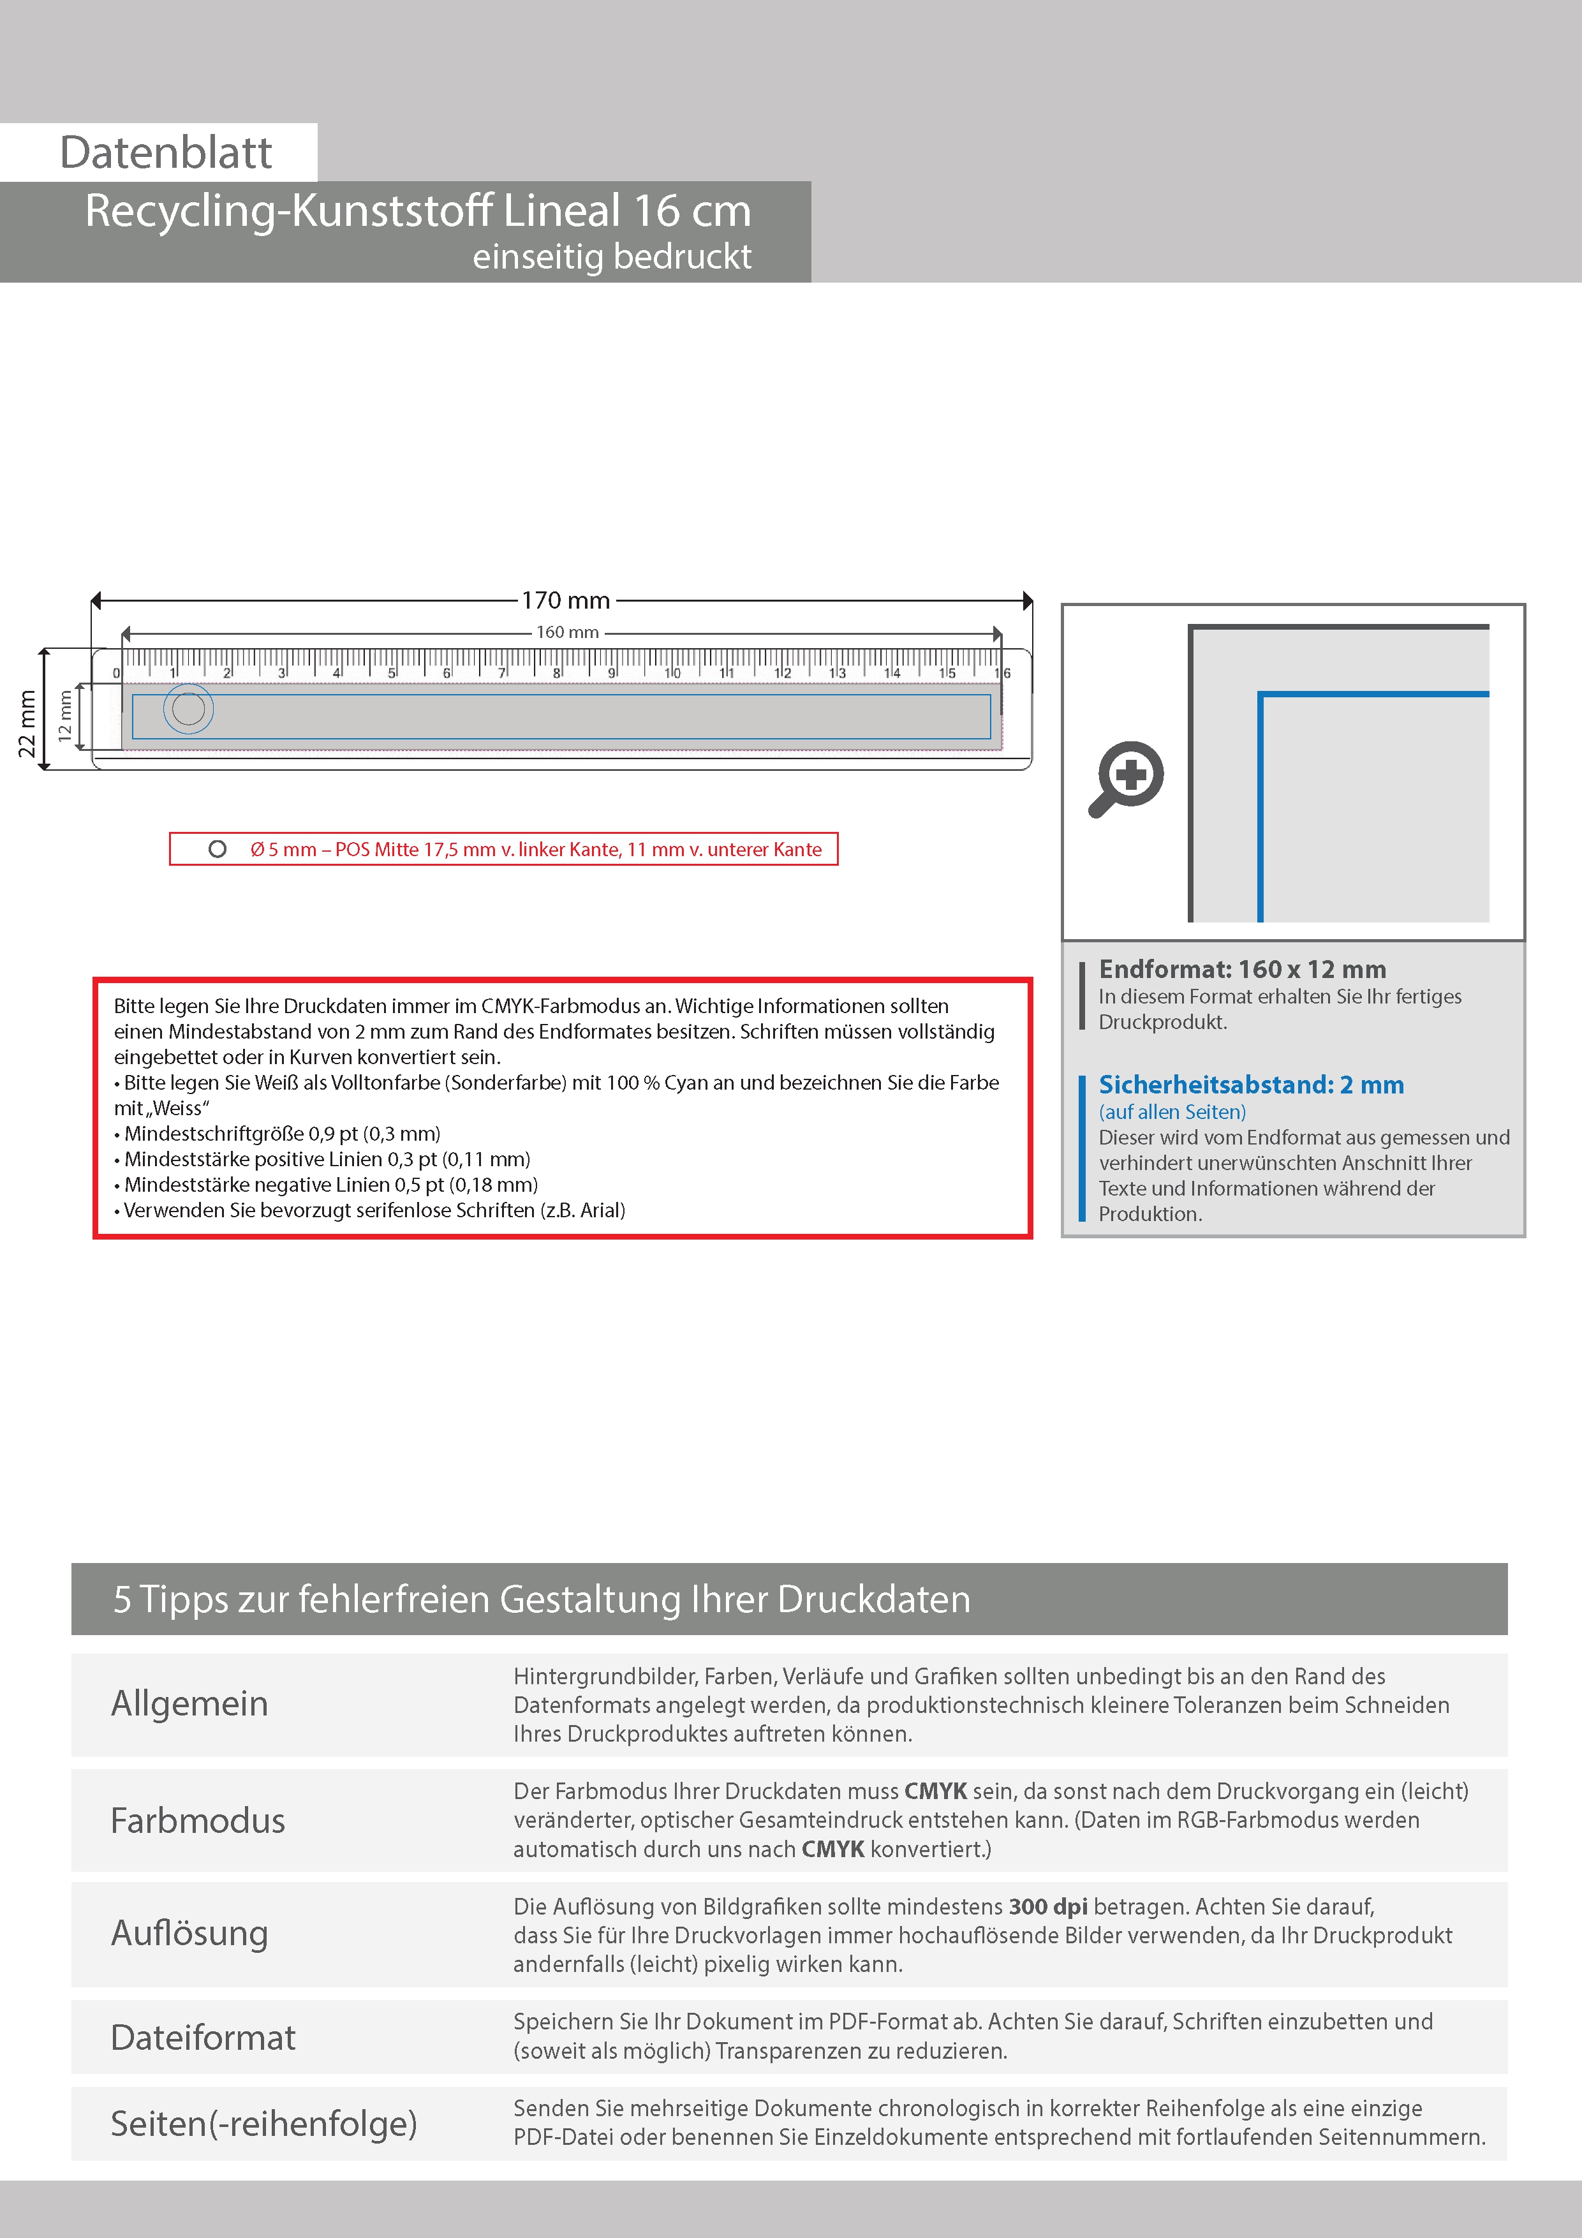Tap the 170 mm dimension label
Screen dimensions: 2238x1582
565,600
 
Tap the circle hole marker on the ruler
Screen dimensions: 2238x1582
188,709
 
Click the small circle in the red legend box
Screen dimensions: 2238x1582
218,849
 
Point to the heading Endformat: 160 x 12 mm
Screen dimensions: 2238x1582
1242,970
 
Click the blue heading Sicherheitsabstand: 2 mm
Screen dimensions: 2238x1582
1250,1085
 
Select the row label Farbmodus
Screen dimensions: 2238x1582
198,1821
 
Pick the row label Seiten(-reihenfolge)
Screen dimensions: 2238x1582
263,2124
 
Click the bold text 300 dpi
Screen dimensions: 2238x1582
1048,1907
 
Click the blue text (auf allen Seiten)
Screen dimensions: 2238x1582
1172,1112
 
